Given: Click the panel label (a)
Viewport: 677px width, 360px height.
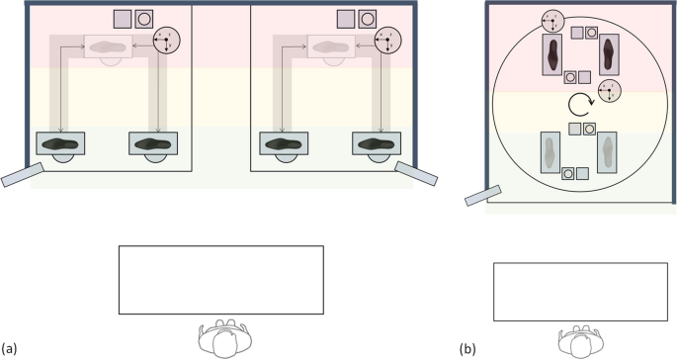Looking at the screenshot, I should [x=9, y=348].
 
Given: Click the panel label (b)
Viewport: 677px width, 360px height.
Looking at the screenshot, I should [x=466, y=348].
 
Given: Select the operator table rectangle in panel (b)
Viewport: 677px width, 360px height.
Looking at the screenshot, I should [x=578, y=292].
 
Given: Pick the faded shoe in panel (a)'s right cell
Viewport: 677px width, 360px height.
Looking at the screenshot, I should [x=337, y=45].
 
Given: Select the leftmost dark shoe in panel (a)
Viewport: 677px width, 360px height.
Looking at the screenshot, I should [x=62, y=141].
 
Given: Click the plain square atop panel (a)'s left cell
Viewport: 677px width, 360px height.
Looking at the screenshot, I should [x=123, y=18].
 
